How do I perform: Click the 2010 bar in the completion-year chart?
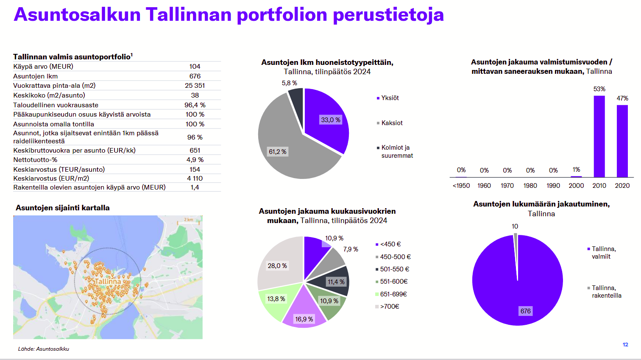(x=599, y=137)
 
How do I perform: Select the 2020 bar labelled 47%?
(x=622, y=141)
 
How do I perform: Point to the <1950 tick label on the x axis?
(x=461, y=186)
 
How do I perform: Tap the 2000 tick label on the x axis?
(x=576, y=186)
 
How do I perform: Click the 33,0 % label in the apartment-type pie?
(x=331, y=120)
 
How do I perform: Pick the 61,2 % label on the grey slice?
(x=277, y=152)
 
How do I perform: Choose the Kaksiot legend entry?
(x=390, y=123)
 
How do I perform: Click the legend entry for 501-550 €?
(x=392, y=269)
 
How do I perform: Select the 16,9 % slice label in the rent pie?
(x=304, y=319)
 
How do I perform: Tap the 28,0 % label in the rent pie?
(x=277, y=266)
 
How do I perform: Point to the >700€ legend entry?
(x=387, y=307)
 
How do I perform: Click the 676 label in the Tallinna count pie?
(x=525, y=311)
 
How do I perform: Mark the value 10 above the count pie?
(x=515, y=226)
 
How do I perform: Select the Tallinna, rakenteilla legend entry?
(x=604, y=292)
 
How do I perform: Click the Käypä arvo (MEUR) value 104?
(x=195, y=67)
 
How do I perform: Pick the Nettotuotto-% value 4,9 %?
(x=195, y=160)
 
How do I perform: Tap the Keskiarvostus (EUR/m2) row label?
(x=51, y=178)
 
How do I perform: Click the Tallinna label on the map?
(x=108, y=282)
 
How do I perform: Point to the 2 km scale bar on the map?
(x=188, y=222)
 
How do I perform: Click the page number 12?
(x=625, y=345)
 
